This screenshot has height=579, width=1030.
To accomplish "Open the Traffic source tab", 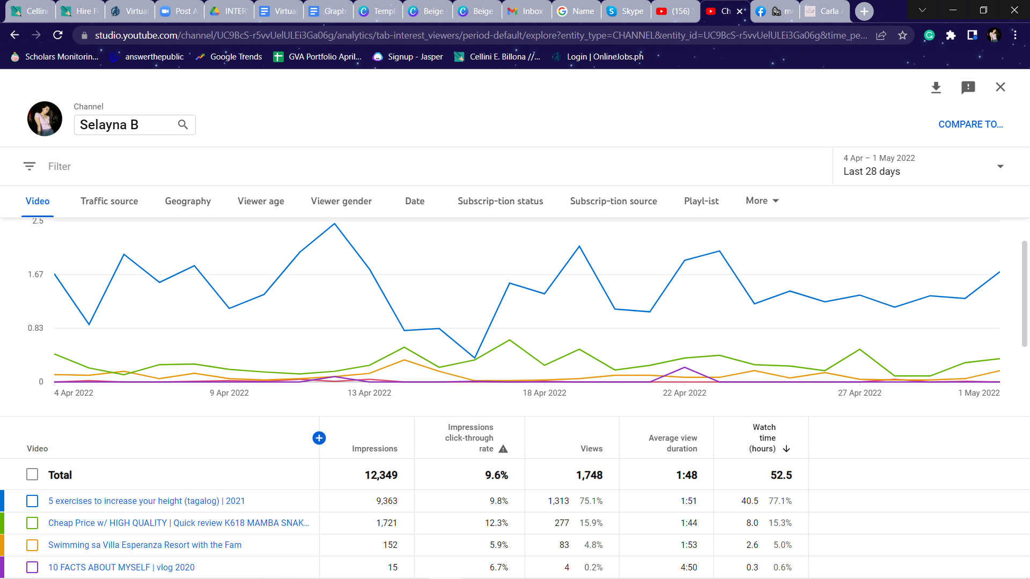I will (x=109, y=201).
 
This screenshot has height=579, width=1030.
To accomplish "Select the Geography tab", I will (x=188, y=201).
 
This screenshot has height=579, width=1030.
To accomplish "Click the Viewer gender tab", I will (x=341, y=201).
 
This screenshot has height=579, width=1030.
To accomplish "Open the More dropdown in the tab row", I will (x=762, y=201).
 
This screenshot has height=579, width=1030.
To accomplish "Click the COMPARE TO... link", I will (x=970, y=124).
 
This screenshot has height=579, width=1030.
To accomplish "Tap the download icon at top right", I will (x=936, y=87).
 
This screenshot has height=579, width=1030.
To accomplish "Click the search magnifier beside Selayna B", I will (x=183, y=124).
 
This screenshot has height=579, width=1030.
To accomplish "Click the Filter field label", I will (x=60, y=167).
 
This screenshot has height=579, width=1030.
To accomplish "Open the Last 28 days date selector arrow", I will (x=1000, y=166).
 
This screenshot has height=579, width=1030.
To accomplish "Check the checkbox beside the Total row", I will (x=32, y=475).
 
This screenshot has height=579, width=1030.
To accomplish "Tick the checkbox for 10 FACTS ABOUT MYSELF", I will (x=32, y=567).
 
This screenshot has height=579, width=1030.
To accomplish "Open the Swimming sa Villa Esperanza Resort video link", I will (x=145, y=545).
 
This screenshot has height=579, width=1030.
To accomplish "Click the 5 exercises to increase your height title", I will (x=146, y=501).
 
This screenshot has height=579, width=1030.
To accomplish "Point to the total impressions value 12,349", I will (x=381, y=475).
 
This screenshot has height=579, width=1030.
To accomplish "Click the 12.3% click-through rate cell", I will (x=496, y=523).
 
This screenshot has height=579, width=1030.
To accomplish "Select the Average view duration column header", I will (x=673, y=443).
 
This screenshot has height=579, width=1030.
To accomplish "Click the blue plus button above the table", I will (x=319, y=438).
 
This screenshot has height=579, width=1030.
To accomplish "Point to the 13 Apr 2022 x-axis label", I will (x=369, y=393).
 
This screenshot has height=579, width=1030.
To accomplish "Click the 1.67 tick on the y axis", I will (x=35, y=274).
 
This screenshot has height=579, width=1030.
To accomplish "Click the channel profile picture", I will (x=45, y=118).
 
